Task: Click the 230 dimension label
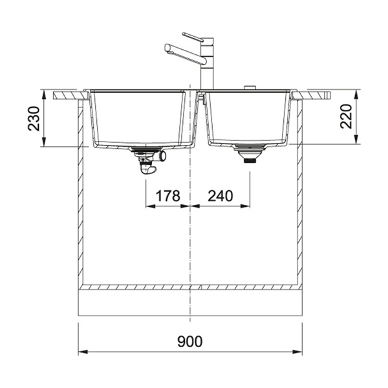point(34,118)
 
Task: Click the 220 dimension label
point(346,116)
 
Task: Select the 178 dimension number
point(167,196)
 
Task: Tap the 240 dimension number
point(221,196)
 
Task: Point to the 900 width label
point(189,341)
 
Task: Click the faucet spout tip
point(167,48)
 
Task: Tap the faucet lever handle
point(193,36)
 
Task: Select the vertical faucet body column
point(207,64)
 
